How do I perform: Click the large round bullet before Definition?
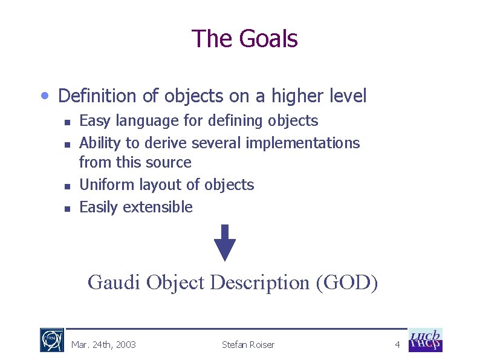pyautogui.click(x=46, y=96)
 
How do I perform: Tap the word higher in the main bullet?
pyautogui.click(x=299, y=96)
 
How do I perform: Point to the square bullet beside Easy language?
pyautogui.click(x=68, y=122)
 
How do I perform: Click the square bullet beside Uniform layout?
pyautogui.click(x=68, y=186)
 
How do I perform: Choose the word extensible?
pyautogui.click(x=158, y=207)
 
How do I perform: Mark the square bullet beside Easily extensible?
pyautogui.click(x=68, y=208)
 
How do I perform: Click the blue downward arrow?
pyautogui.click(x=225, y=243)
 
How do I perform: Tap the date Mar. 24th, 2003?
pyautogui.click(x=103, y=345)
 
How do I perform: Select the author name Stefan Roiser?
pyautogui.click(x=248, y=345)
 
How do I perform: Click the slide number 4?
pyautogui.click(x=397, y=345)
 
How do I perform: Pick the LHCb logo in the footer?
pyautogui.click(x=426, y=340)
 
